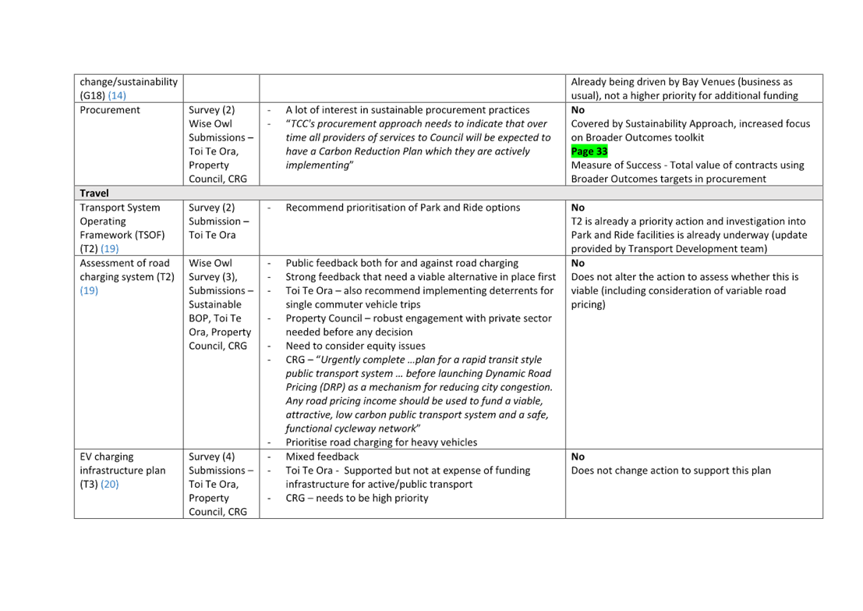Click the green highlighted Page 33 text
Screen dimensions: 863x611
589,151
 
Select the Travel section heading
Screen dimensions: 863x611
94,193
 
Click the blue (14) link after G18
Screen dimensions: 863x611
117,95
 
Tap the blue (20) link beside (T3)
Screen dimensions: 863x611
109,485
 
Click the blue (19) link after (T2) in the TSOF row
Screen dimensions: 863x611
109,248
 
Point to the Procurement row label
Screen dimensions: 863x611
109,110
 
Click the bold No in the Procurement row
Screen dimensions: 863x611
578,110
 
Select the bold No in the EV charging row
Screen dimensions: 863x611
578,456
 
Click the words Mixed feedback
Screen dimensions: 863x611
322,456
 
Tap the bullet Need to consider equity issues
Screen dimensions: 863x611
355,346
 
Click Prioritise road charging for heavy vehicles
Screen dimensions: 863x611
381,442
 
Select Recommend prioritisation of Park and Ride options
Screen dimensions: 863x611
403,207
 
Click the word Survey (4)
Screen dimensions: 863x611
211,456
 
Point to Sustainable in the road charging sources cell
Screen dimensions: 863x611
214,304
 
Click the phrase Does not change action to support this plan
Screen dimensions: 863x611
671,470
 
